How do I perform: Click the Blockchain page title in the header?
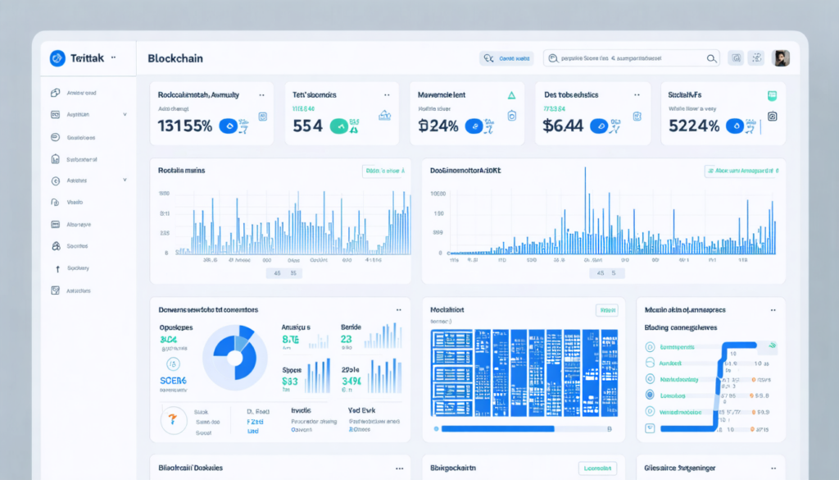[175, 58]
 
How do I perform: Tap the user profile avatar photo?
[781, 58]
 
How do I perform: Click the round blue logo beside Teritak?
[57, 58]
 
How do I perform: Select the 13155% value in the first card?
[185, 126]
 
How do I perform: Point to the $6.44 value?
[563, 126]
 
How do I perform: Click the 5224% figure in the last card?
[694, 126]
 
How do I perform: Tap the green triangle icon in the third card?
[511, 95]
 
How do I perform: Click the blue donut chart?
[234, 357]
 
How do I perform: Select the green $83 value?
[290, 381]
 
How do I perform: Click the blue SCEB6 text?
[173, 381]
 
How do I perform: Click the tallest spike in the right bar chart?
[585, 205]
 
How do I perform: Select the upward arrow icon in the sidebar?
[57, 268]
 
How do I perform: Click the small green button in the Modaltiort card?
[606, 310]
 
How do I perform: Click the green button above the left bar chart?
[383, 171]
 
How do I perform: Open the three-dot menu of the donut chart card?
[398, 311]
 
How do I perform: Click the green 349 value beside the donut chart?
[351, 381]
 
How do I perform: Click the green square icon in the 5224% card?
[771, 96]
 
